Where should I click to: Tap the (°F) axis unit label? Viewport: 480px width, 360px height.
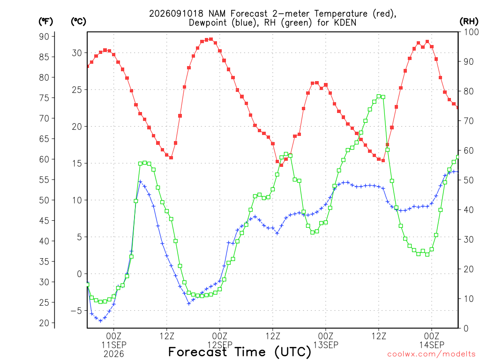45,22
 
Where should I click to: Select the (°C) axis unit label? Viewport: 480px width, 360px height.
78,22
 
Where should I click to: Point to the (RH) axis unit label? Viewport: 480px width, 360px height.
469,22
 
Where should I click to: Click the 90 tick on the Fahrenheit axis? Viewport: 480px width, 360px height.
44,37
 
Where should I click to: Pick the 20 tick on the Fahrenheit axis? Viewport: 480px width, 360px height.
44,323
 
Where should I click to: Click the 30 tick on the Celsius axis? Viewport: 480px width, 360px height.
77,53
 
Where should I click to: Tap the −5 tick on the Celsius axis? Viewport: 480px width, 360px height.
76,311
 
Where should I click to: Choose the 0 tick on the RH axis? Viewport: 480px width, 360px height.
466,329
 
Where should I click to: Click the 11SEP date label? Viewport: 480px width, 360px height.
114,345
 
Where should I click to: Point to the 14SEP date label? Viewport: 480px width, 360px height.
432,345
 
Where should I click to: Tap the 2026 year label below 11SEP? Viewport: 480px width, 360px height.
114,354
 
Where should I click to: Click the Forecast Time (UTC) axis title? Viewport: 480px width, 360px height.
240,352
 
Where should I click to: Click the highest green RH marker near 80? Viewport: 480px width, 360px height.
379,97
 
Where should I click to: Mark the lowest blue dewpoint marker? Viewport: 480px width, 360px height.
100,321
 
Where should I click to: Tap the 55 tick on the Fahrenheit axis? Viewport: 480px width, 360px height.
44,180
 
